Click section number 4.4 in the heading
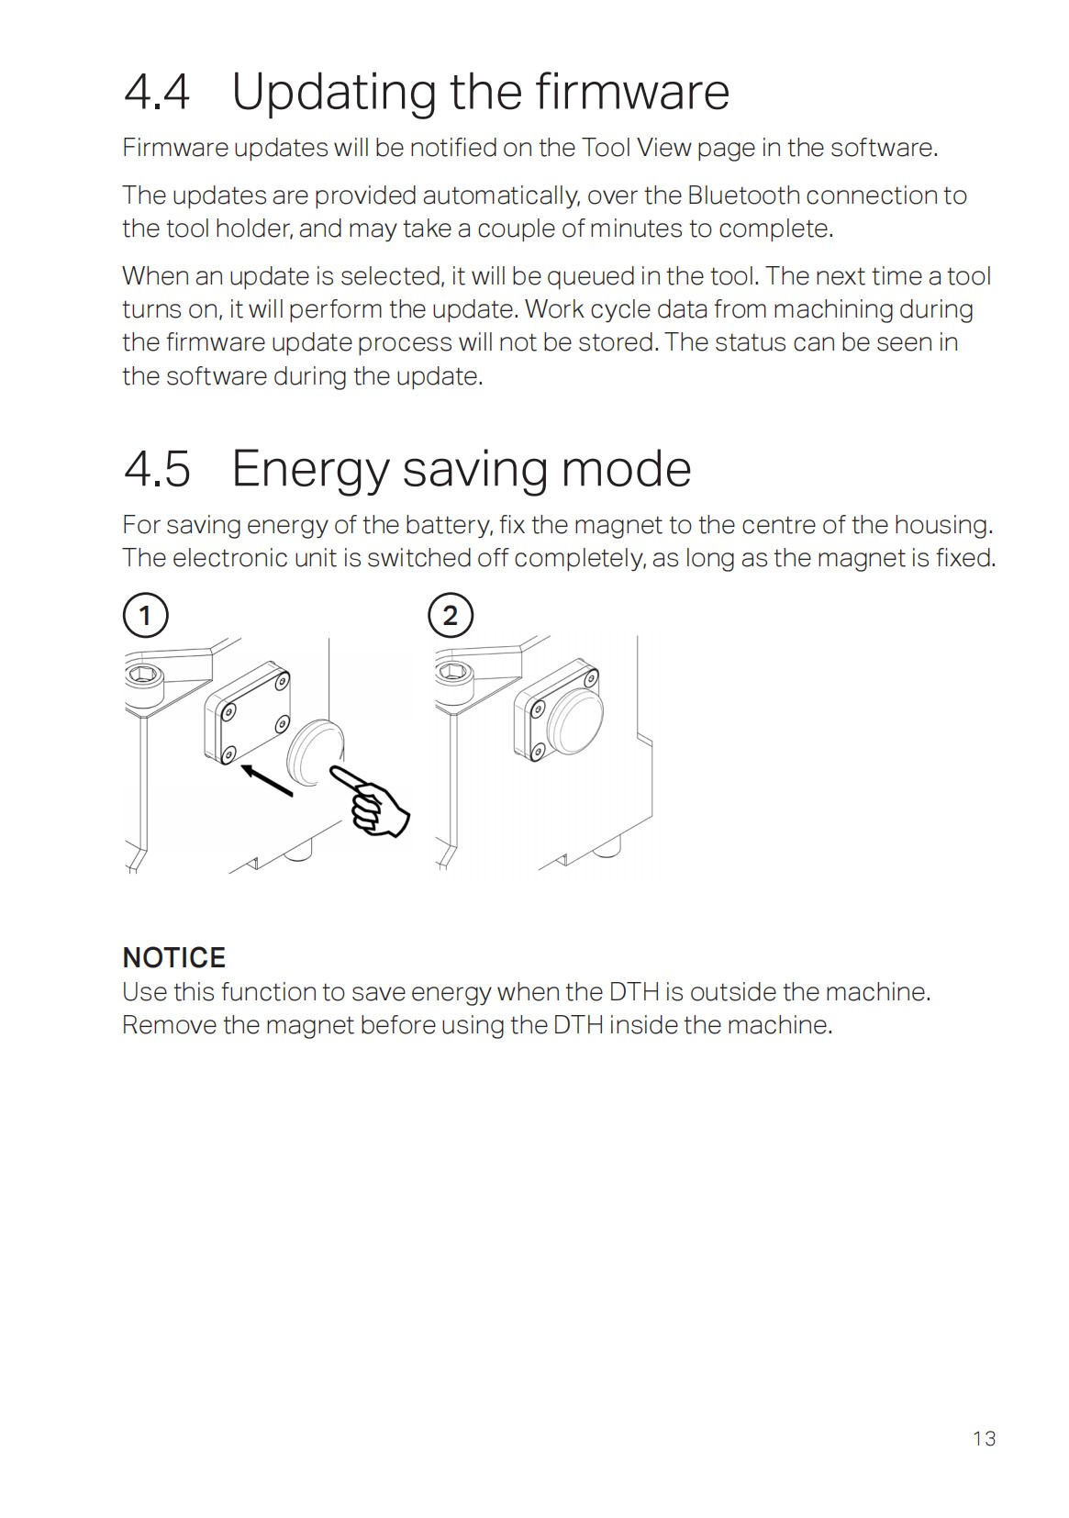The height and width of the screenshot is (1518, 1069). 157,92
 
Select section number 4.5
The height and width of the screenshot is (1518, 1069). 157,469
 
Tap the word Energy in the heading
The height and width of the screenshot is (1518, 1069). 310,469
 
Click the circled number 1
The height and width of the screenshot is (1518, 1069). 145,615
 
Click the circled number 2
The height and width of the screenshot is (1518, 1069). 450,615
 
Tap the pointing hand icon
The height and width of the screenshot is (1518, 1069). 374,803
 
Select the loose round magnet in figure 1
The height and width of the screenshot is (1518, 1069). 315,751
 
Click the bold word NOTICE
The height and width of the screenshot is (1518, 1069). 173,957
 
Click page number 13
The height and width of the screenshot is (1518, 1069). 984,1438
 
